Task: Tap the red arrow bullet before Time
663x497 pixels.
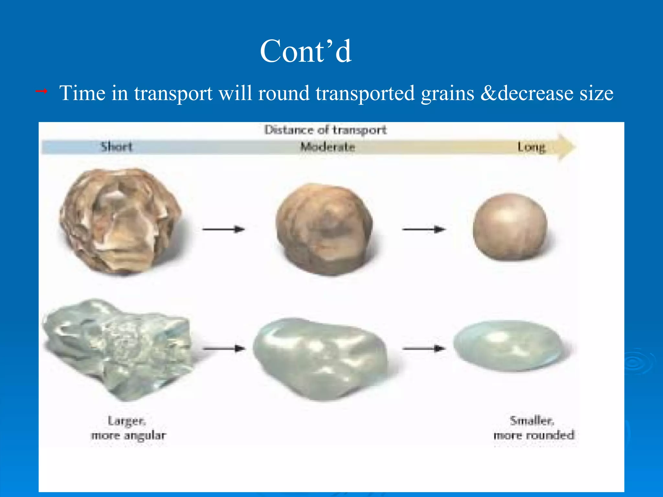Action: [x=41, y=92]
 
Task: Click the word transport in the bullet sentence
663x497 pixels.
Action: [x=173, y=94]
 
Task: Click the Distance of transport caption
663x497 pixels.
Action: [x=325, y=130]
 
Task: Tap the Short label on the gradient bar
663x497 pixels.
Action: [x=117, y=147]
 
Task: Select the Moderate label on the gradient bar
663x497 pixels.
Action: [x=328, y=147]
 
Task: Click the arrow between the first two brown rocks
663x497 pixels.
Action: [x=223, y=229]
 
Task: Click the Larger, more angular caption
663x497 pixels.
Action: [x=128, y=428]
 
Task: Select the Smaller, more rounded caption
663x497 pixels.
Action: [x=534, y=428]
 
